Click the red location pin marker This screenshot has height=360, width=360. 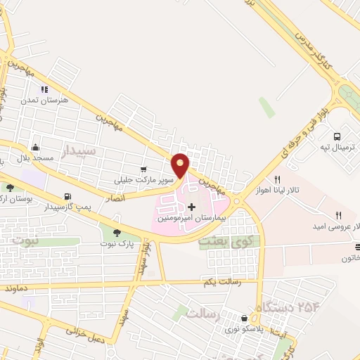click(x=181, y=165)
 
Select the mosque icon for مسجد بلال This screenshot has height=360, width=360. click(x=35, y=146)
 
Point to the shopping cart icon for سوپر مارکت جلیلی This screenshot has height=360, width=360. click(x=143, y=169)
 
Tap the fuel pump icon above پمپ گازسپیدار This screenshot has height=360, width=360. click(x=67, y=196)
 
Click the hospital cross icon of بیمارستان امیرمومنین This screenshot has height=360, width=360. click(x=191, y=206)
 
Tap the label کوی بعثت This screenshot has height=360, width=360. click(x=219, y=240)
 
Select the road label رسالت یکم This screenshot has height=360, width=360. click(x=218, y=282)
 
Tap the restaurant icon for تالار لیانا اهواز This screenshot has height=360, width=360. click(x=277, y=179)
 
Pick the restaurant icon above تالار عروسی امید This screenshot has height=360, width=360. click(x=338, y=216)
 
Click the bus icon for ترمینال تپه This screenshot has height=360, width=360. click(x=337, y=136)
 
